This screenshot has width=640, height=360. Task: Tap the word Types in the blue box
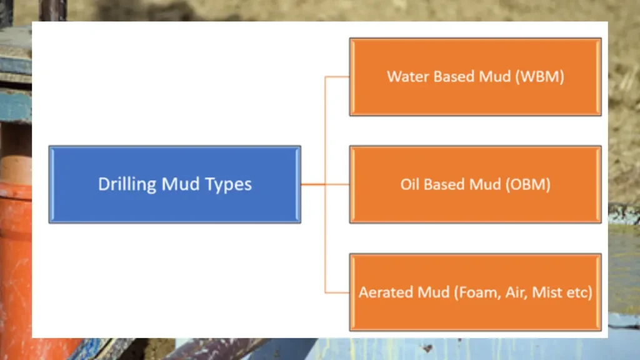[227, 184]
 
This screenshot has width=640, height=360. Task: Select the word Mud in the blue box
[181, 184]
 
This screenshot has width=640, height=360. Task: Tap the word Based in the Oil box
[444, 185]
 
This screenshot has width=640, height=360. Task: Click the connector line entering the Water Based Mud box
[337, 77]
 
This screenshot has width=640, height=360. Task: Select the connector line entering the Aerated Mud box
[337, 292]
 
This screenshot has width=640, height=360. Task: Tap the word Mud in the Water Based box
[494, 77]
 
